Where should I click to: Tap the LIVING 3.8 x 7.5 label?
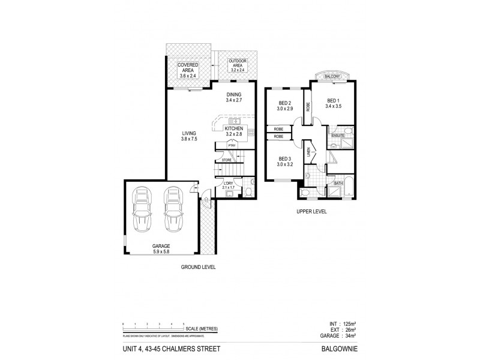click(x=190, y=136)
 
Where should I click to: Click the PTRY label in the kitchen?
click(x=231, y=145)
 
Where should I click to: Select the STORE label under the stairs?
click(x=226, y=160)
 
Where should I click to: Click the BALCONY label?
click(x=332, y=77)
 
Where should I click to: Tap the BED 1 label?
click(x=334, y=103)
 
